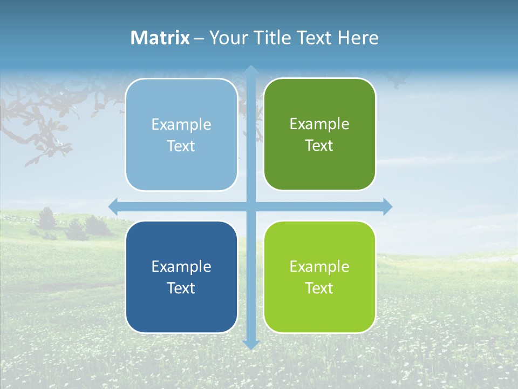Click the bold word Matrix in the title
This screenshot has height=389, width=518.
[x=160, y=38]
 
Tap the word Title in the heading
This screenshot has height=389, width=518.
[x=272, y=38]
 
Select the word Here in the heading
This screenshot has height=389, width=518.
[x=358, y=38]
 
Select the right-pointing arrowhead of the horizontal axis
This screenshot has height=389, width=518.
[x=387, y=206]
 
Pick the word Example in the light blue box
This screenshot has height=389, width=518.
[x=181, y=125]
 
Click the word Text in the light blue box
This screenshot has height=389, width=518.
[x=181, y=146]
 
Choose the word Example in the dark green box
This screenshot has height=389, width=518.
[x=319, y=124]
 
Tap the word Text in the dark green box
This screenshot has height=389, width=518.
[x=319, y=146]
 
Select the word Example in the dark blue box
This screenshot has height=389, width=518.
[x=181, y=267]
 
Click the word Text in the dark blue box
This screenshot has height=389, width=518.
[x=181, y=289]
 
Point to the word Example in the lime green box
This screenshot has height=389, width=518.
[x=319, y=267]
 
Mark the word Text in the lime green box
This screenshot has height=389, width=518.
[x=319, y=289]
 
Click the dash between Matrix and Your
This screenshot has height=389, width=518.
[x=199, y=38]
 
